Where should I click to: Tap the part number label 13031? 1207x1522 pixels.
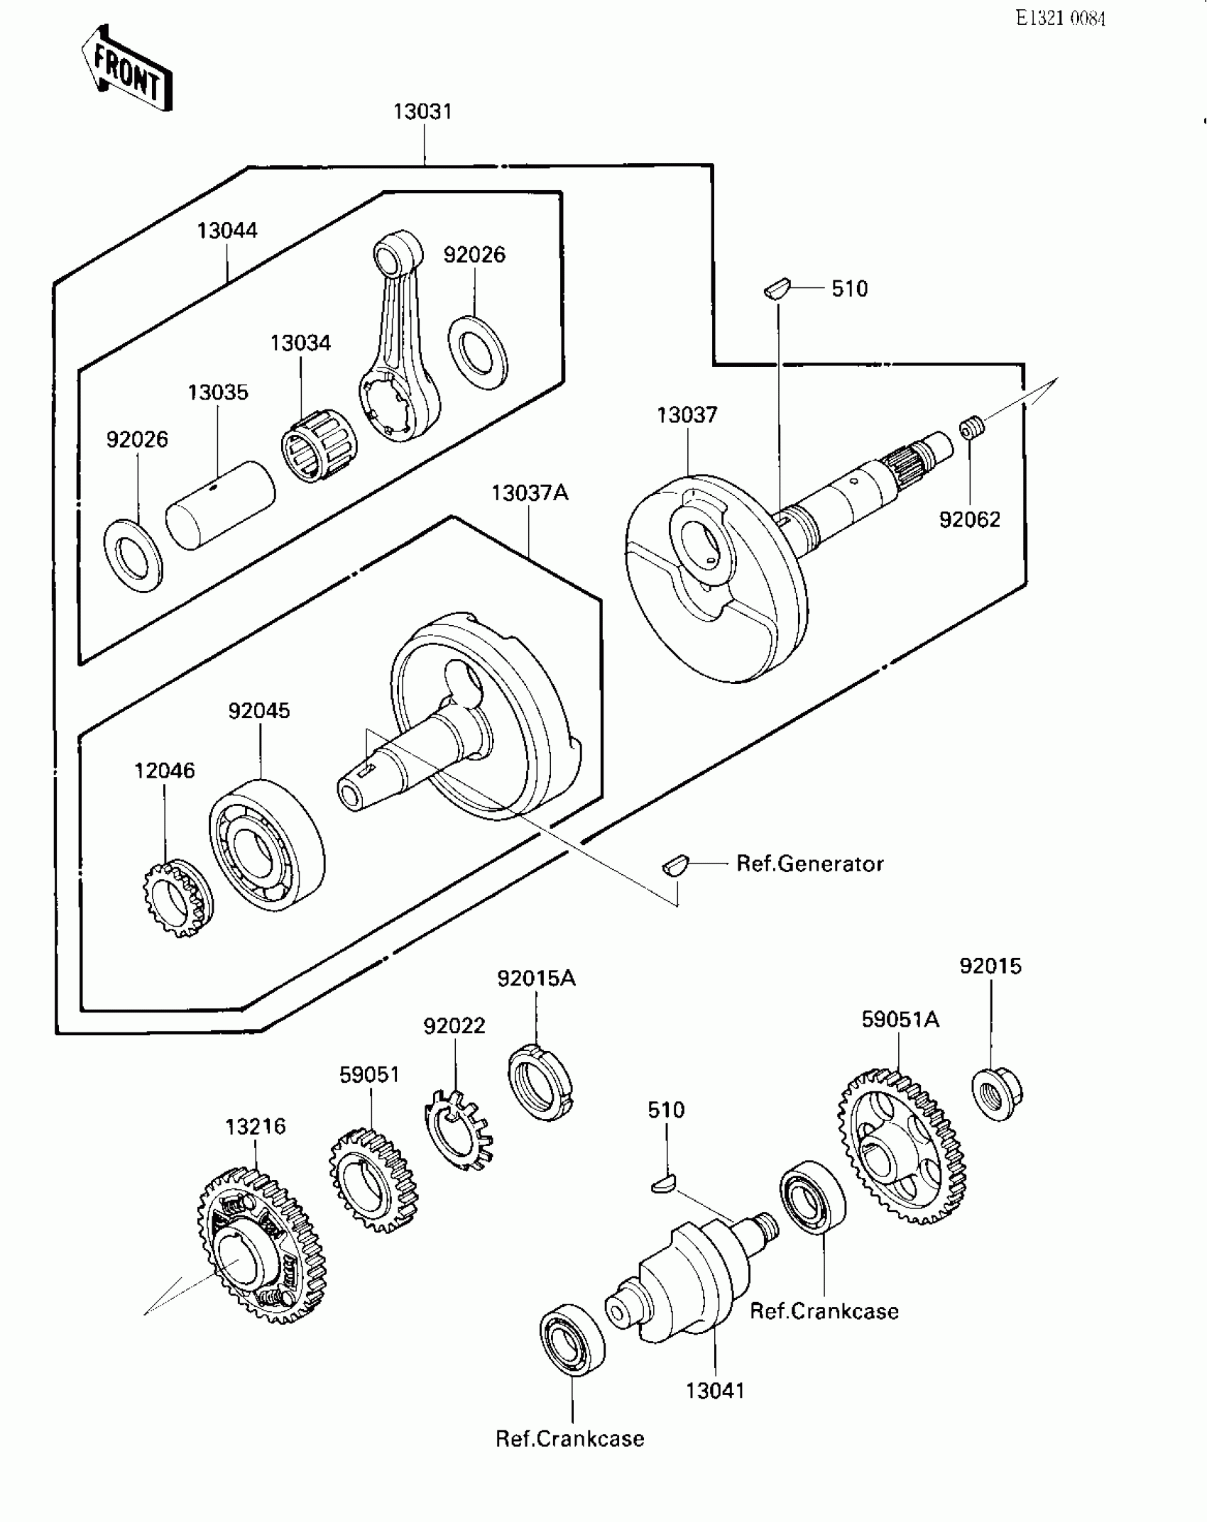click(x=422, y=111)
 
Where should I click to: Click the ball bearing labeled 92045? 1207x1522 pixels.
click(x=267, y=844)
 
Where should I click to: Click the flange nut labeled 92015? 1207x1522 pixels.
click(x=995, y=1093)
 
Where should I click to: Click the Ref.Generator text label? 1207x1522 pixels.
click(x=809, y=864)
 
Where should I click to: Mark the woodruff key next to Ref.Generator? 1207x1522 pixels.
click(x=674, y=865)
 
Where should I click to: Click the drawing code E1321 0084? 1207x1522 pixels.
click(x=1060, y=18)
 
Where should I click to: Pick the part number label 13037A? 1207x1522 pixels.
click(x=530, y=492)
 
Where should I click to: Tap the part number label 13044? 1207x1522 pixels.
click(x=227, y=230)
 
